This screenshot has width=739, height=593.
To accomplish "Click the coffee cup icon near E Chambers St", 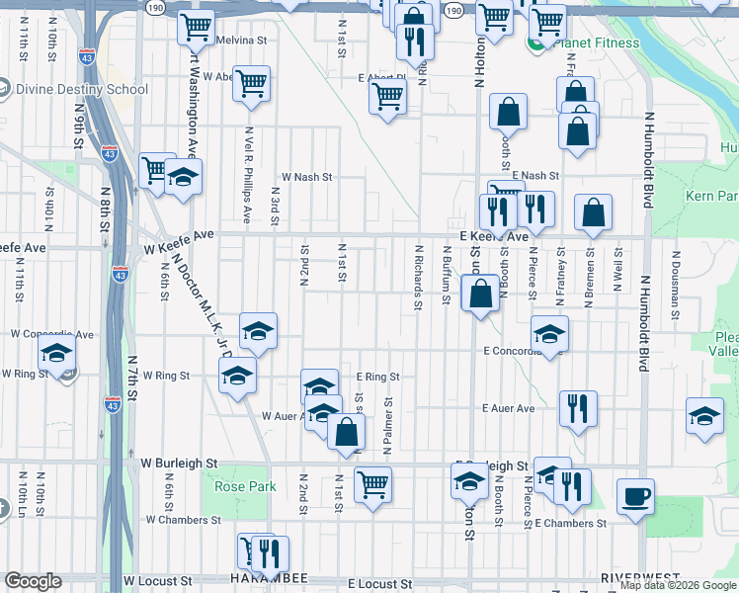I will (635, 495).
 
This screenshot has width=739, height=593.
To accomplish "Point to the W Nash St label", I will (307, 177).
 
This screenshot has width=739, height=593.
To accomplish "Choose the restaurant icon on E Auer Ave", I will (578, 408).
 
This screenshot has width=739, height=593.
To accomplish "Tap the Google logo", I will (33, 581).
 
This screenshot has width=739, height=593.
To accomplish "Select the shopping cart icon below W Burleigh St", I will (372, 484).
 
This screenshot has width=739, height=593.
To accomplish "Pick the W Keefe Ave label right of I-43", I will (178, 235).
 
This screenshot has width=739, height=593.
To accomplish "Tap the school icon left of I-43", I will (56, 353).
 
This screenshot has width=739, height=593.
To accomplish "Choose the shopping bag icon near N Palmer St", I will (346, 432).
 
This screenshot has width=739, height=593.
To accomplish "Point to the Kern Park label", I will (710, 196).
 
